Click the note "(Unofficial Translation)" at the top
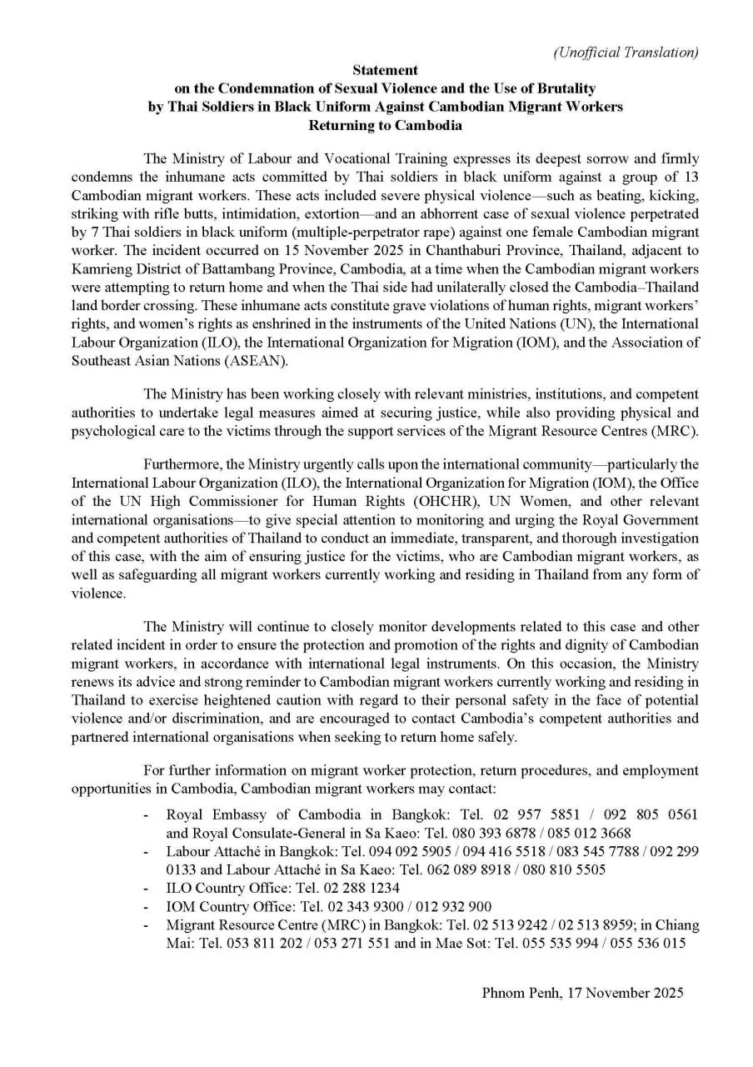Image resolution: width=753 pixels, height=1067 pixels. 626,53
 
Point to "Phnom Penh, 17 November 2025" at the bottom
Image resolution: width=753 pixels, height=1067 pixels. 582,993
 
